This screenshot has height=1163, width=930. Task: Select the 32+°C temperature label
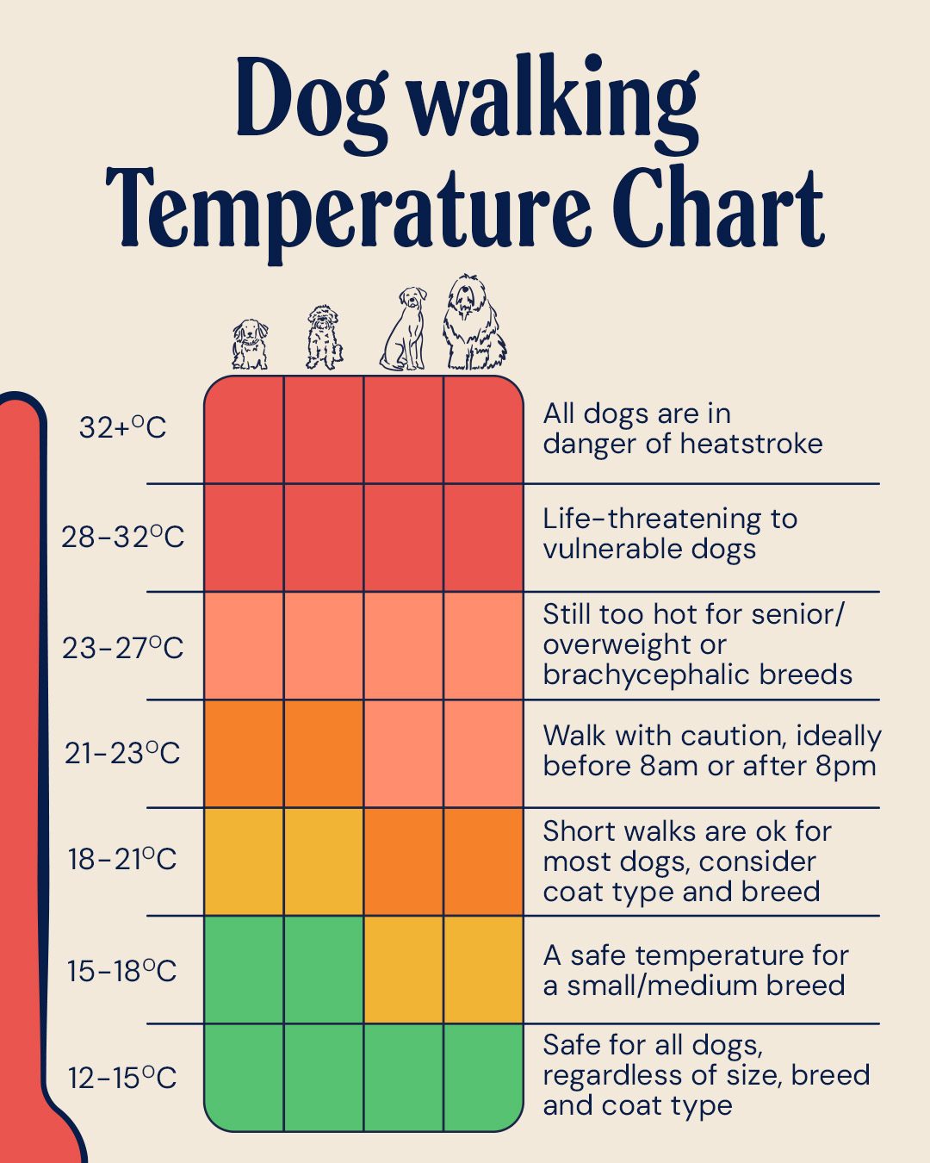[122, 428]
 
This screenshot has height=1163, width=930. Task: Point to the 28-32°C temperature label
[122, 538]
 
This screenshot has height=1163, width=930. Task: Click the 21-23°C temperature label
[122, 753]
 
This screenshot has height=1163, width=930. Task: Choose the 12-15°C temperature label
[122, 1078]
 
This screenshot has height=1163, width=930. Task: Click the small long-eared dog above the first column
[251, 345]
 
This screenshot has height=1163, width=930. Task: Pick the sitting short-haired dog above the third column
[404, 328]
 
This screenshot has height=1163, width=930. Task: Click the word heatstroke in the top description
[751, 444]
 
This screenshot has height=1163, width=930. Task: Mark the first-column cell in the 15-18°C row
[245, 969]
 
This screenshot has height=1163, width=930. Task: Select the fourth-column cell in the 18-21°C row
[484, 861]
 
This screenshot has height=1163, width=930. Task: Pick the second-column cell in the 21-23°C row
[324, 753]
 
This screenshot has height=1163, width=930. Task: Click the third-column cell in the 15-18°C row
[404, 969]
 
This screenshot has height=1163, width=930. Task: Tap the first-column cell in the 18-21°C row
[245, 861]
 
